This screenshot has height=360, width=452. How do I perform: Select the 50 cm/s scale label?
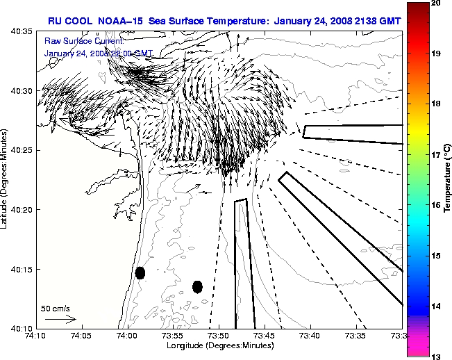click(56, 308)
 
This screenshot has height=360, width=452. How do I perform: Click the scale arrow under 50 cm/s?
click(60, 319)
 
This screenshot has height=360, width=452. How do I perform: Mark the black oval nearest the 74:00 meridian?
click(140, 272)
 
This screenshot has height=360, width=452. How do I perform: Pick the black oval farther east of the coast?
click(197, 286)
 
